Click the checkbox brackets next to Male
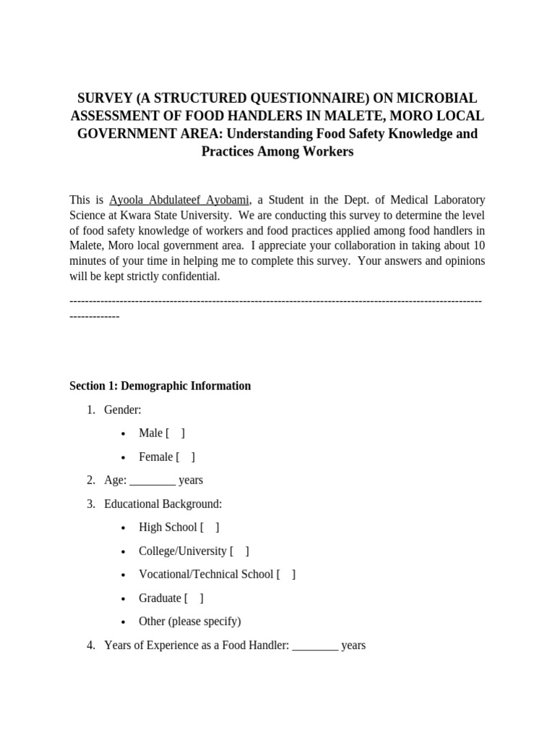click(175, 433)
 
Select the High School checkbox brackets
click(210, 528)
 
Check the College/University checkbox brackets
click(239, 551)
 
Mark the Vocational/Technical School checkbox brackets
click(286, 575)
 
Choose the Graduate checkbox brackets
click(194, 598)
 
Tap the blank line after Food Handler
click(315, 645)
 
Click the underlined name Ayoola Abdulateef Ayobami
click(179, 200)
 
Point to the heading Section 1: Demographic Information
click(160, 386)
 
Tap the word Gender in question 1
click(122, 410)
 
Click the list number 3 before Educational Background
click(90, 504)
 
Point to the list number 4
click(90, 645)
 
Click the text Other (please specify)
click(189, 622)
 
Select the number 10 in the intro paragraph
click(478, 245)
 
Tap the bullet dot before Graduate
click(124, 599)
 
